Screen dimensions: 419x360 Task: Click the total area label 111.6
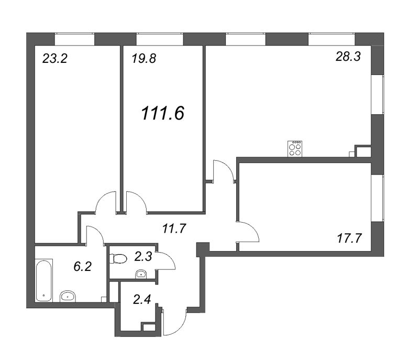(163, 113)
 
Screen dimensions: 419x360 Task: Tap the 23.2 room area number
(55, 59)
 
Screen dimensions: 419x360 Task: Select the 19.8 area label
(144, 59)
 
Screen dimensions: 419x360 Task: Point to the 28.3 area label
(348, 57)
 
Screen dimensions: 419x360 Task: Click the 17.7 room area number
(349, 238)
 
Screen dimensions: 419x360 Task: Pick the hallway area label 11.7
(174, 228)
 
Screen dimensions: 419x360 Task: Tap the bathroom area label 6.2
(83, 266)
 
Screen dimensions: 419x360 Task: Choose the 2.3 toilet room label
(143, 257)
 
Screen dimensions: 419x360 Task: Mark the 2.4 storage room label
(142, 300)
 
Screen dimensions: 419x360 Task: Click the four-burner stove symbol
(295, 149)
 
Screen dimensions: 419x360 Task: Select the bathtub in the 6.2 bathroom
(44, 280)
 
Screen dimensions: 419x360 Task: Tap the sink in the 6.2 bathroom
(68, 296)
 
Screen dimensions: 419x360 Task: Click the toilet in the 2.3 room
(118, 258)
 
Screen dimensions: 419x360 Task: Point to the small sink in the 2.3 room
(141, 274)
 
